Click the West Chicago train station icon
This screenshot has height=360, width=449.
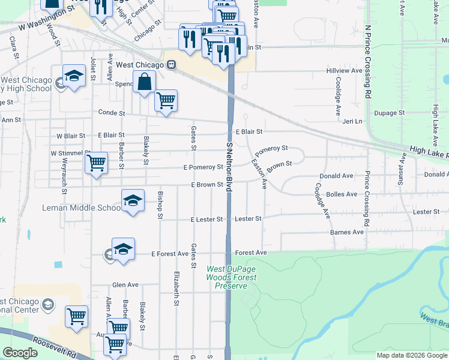172,65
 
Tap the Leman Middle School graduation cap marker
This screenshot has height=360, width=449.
133,201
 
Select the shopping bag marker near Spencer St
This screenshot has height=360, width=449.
145,83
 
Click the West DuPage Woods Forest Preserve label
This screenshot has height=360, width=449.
231,277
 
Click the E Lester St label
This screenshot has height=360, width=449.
207,220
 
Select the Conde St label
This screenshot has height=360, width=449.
112,113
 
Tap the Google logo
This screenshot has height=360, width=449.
20,353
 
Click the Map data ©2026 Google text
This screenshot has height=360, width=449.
412,355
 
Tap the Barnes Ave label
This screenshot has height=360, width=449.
347,232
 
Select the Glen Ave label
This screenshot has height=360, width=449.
125,285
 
